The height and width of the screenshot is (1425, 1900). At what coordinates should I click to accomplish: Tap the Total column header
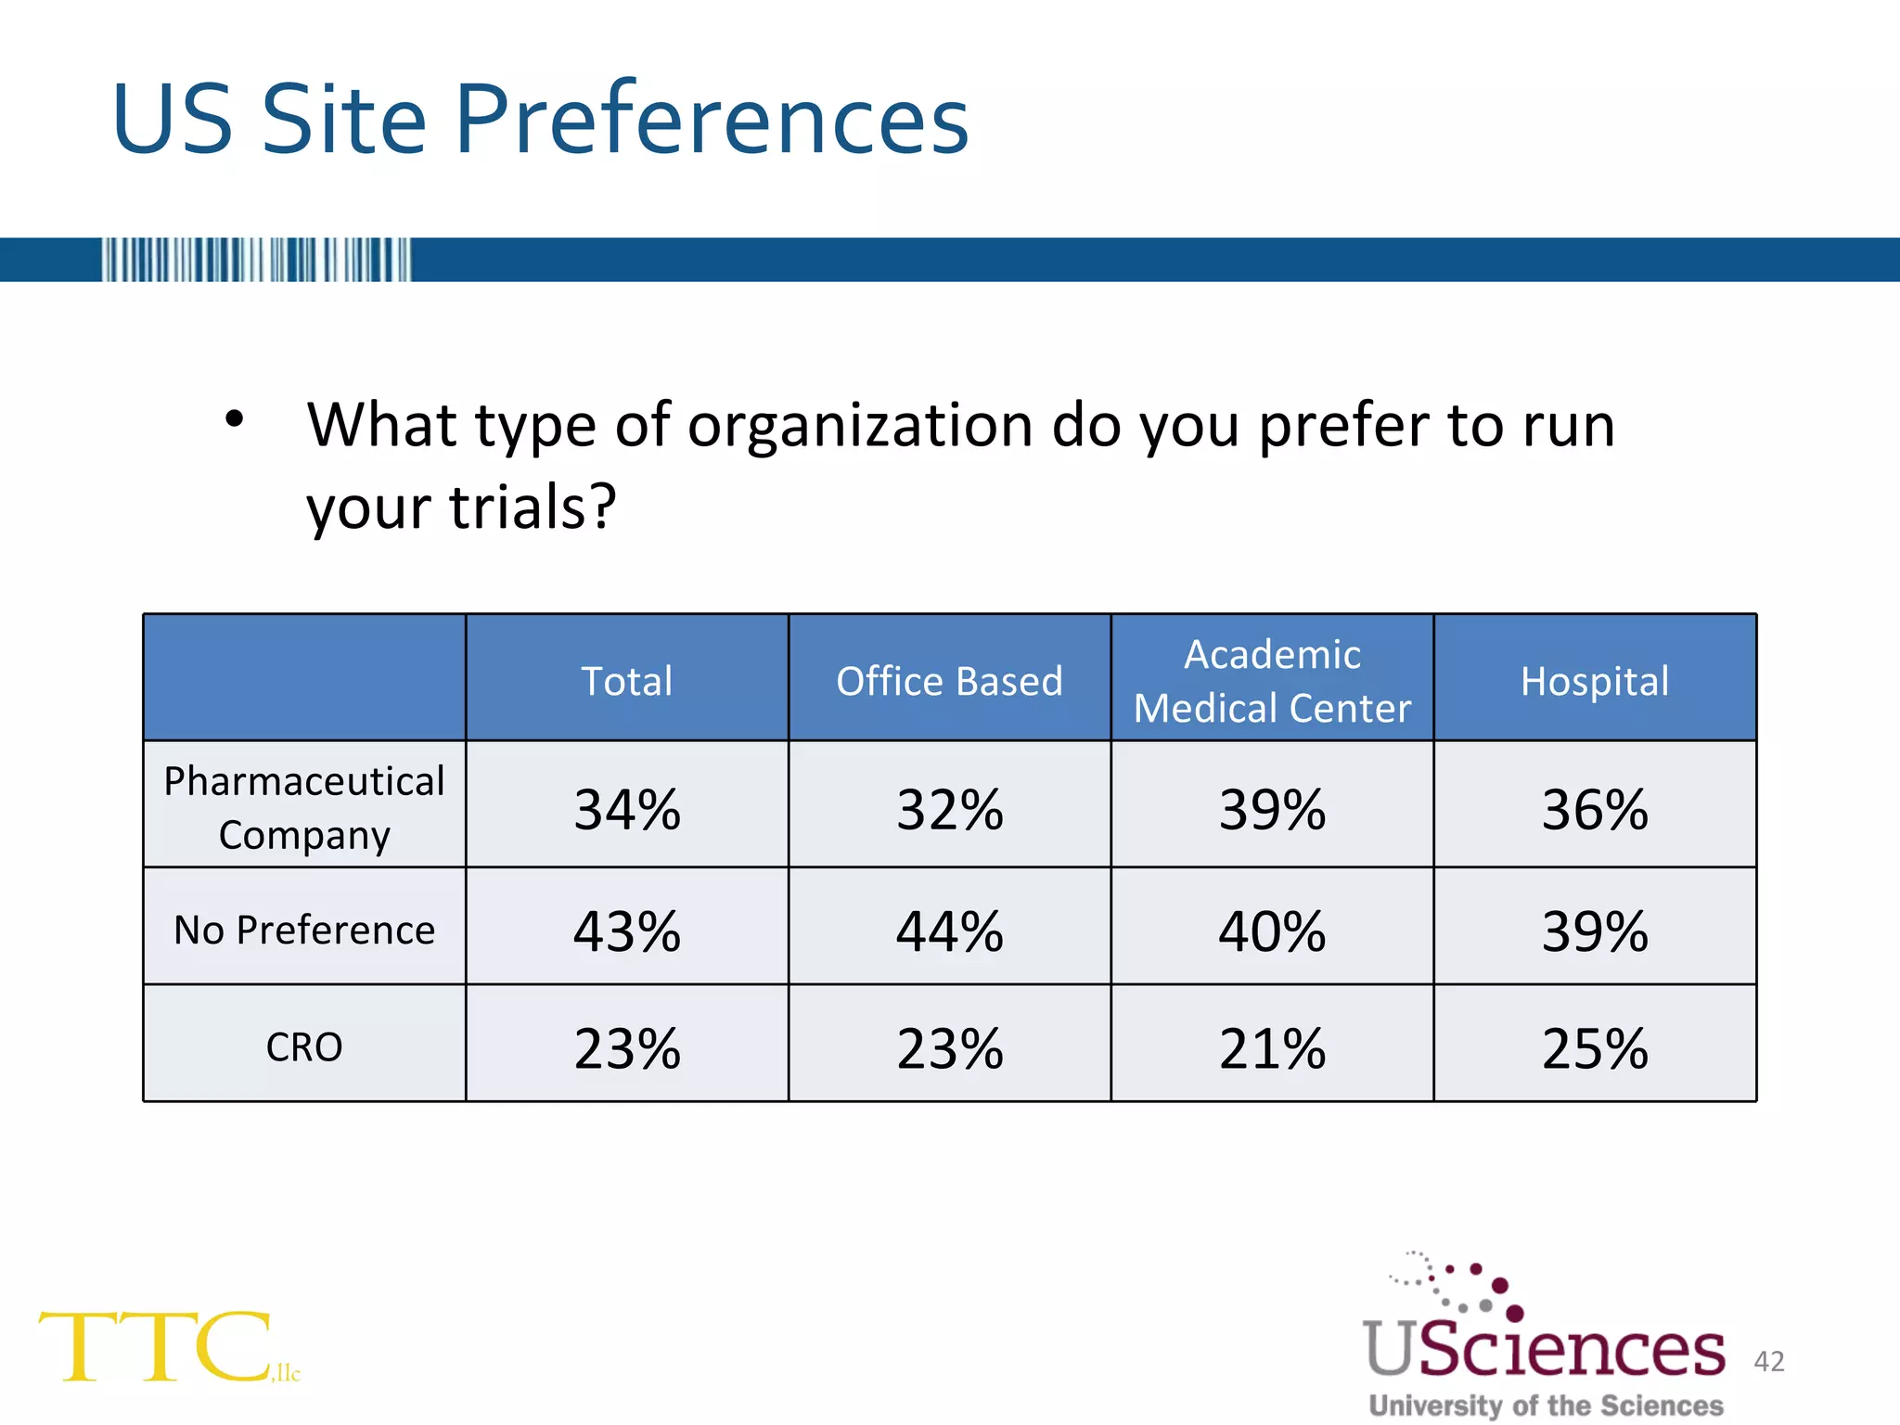click(627, 681)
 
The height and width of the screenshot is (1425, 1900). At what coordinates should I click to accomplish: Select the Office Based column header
click(949, 681)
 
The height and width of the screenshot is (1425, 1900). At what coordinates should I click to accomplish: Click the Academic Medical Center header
click(1272, 681)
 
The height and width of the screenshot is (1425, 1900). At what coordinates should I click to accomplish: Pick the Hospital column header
click(1595, 681)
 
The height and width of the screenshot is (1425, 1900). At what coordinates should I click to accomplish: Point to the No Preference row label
click(304, 930)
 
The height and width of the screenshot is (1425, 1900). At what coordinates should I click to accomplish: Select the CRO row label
click(304, 1046)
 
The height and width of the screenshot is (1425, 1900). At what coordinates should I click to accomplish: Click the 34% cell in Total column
click(627, 809)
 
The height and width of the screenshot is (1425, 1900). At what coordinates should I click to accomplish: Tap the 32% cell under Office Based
click(949, 809)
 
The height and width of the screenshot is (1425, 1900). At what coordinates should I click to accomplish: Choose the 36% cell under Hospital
click(1595, 809)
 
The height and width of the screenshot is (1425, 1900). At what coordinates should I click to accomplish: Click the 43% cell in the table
click(627, 931)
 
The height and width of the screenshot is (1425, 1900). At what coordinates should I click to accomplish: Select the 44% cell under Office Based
click(949, 931)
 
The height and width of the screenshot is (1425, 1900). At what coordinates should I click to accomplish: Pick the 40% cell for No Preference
click(1272, 931)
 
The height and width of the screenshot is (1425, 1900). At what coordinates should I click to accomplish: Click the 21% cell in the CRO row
click(1272, 1048)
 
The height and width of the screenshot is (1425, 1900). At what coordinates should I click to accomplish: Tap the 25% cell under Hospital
click(1595, 1048)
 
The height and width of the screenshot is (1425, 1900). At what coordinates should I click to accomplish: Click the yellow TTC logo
click(158, 1347)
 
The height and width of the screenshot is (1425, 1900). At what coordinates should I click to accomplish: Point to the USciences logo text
click(1544, 1348)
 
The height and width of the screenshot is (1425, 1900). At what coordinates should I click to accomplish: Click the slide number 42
click(1769, 1361)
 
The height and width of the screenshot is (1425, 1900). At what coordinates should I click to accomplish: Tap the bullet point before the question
click(234, 419)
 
